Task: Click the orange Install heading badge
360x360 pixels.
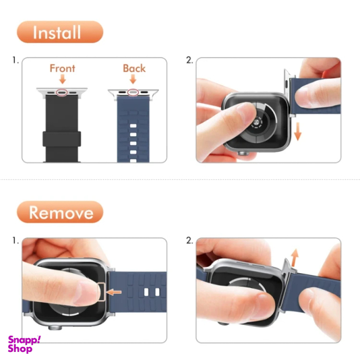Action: tap(60, 32)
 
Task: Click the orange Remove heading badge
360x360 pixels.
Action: tap(60, 212)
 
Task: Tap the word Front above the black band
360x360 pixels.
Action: tap(62, 68)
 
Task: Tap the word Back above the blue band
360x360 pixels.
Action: tap(134, 68)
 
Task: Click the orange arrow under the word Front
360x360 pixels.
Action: tap(62, 79)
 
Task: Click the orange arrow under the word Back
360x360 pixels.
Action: tap(133, 79)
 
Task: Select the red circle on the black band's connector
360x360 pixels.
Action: tap(62, 92)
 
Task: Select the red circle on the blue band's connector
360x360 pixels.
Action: tap(133, 92)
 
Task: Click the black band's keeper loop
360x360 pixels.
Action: tap(62, 139)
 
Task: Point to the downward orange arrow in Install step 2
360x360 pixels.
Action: tap(297, 131)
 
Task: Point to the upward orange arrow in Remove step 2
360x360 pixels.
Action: tap(294, 257)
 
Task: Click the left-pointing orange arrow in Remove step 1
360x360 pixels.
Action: tap(114, 292)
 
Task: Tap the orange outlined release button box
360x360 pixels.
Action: tap(101, 292)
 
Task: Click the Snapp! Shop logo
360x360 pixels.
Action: tap(24, 344)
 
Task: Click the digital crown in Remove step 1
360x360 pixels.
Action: tap(55, 327)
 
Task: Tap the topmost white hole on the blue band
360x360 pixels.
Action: tap(133, 126)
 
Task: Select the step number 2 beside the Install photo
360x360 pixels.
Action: tap(189, 60)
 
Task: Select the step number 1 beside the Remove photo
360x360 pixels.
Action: tap(16, 241)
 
